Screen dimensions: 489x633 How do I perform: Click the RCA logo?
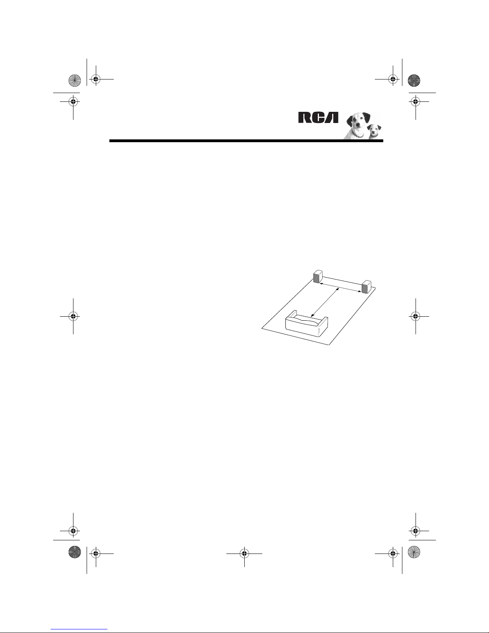pos(318,117)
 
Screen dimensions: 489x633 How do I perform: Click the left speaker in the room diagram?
pos(318,277)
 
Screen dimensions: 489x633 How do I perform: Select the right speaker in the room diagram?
pos(366,286)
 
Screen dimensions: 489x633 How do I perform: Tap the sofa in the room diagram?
pos(307,324)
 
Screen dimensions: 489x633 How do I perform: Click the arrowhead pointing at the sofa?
pos(312,315)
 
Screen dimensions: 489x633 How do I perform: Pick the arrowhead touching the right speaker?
pos(359,291)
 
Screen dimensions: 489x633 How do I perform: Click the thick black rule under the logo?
pos(246,141)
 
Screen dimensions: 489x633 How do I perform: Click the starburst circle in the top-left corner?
pos(75,80)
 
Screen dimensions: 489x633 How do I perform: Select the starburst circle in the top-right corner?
pos(414,80)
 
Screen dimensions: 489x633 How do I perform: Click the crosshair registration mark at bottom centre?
pos(244,553)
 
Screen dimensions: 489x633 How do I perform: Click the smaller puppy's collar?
pos(374,136)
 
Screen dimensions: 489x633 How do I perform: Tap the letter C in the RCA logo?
pos(318,117)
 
